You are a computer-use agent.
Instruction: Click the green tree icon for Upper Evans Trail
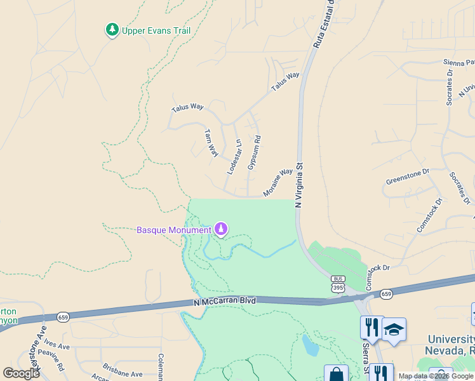click(112, 30)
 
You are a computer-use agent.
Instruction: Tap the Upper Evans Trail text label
click(156, 30)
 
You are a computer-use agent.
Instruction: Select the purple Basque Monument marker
click(221, 229)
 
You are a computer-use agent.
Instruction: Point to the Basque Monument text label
click(173, 229)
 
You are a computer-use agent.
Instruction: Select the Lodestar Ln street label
click(234, 157)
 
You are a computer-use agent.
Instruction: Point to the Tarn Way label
click(211, 143)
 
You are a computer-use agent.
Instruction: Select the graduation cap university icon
click(394, 330)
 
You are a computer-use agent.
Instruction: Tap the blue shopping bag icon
click(336, 374)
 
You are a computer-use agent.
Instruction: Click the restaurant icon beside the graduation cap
click(371, 327)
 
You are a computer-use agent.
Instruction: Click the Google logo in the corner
click(21, 373)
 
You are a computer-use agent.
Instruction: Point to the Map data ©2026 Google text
click(436, 376)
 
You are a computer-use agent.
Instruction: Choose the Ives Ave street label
click(57, 347)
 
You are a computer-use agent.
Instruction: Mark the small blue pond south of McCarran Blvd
click(311, 346)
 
